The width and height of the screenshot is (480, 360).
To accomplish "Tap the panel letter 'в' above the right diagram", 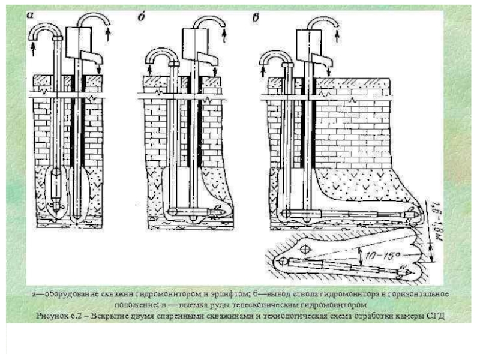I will tap(256, 17).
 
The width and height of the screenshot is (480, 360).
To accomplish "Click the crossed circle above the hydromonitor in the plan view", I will tap(305, 248).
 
